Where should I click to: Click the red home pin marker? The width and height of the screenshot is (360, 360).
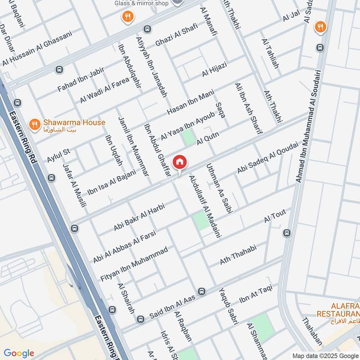coord(180,163)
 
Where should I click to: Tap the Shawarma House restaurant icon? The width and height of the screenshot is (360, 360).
coord(33,123)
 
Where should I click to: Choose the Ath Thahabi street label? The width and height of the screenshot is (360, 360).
coord(238,255)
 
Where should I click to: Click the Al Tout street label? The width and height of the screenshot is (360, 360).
coord(275,216)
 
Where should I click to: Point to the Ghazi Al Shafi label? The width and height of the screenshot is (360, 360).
coord(176,35)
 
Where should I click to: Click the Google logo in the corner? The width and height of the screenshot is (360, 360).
coord(19,353)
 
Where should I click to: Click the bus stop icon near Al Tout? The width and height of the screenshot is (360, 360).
coord(287,233)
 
